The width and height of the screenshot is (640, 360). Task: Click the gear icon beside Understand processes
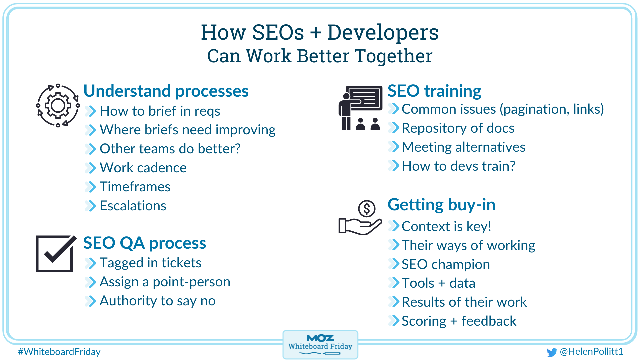(58, 106)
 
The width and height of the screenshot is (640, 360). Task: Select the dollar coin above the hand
(367, 209)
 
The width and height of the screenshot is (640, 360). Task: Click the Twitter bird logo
(552, 352)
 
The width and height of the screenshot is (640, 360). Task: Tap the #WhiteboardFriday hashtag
(59, 352)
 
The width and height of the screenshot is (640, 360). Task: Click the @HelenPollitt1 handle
(591, 351)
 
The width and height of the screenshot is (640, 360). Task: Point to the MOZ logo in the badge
(320, 338)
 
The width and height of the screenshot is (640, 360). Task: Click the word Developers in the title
(383, 33)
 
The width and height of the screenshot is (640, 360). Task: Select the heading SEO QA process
(145, 243)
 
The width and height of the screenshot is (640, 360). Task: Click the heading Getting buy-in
(441, 205)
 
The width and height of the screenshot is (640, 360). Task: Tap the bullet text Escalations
(133, 206)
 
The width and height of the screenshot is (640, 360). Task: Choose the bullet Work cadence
(143, 168)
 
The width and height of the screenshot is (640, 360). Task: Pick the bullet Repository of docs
(458, 128)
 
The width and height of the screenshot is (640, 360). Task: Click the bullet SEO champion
(446, 264)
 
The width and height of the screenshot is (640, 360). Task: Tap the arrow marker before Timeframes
(90, 187)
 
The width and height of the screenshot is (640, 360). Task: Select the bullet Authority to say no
(157, 301)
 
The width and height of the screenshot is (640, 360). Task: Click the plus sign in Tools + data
(442, 283)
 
